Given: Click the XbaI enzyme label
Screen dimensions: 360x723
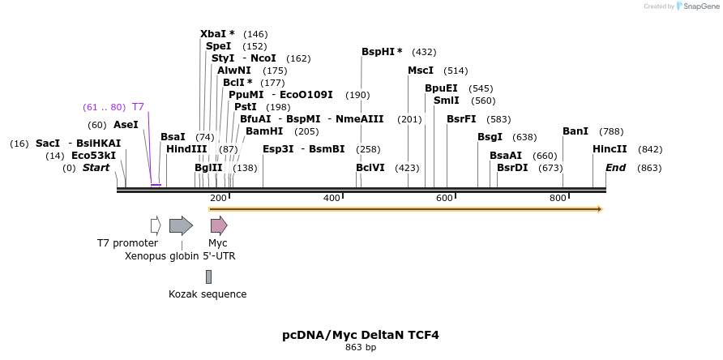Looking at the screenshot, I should coord(215,34).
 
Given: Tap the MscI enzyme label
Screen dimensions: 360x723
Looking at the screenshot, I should coord(421,71).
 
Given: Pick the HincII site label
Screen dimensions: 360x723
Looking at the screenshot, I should coord(610,149).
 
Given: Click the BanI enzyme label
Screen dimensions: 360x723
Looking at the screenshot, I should coord(575,131).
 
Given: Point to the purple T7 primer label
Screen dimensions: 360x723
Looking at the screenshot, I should coord(138,107).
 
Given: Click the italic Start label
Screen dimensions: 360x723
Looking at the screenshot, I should coord(96,168).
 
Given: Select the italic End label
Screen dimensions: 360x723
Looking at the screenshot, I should coord(615,168).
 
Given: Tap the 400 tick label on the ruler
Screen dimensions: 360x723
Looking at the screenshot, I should coord(332,199).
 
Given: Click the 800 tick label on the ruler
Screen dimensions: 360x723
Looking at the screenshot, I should coord(558,199).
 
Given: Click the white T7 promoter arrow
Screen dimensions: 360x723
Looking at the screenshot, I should coord(156,225).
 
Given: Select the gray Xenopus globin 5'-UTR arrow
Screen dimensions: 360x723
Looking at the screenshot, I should coord(181,225).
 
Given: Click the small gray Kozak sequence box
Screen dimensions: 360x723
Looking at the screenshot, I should coord(208,276).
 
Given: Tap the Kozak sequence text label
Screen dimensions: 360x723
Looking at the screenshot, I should coord(207,294).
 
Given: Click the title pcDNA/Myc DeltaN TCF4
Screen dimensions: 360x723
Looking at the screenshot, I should coord(361,335).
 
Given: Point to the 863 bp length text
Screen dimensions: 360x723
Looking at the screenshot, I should coord(361,348).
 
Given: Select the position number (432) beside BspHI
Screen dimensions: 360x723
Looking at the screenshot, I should coord(424,52).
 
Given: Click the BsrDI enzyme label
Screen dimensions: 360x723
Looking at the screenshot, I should coord(512,168).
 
